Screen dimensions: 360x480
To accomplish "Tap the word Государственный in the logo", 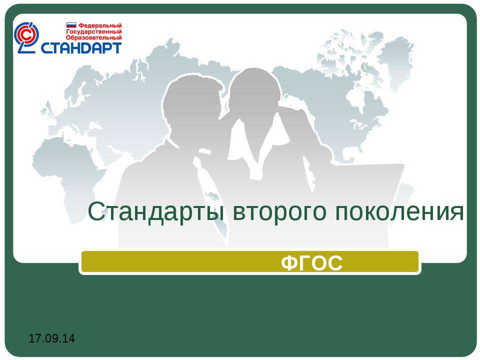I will (94, 31).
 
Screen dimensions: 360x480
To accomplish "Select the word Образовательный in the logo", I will (94, 37).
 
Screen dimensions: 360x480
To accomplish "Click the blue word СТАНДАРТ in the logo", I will (81, 48).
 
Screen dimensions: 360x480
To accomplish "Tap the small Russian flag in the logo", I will (71, 25).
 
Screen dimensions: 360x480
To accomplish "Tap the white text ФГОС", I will (311, 262).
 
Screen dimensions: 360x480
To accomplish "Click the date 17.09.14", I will (51, 338).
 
